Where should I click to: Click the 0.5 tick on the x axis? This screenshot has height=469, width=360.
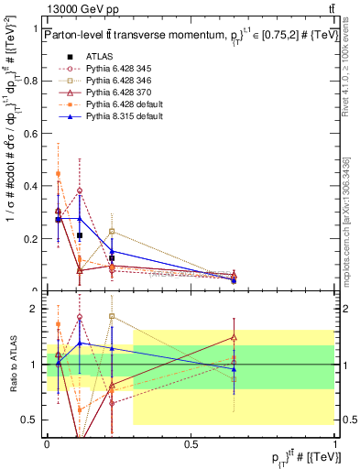191,442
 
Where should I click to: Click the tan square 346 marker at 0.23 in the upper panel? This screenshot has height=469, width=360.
112,231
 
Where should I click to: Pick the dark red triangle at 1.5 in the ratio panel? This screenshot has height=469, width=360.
234,337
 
